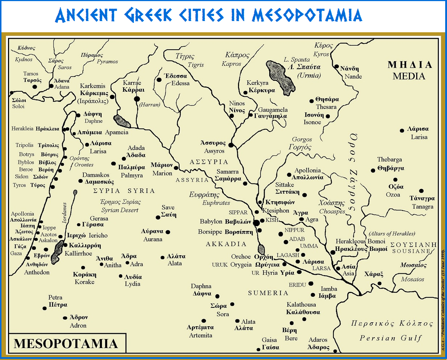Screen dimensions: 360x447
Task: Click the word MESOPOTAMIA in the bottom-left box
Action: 66,344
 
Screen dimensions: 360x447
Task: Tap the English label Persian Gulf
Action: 391,338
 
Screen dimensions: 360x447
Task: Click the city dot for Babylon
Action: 256,223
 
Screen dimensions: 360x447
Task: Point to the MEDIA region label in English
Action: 409,76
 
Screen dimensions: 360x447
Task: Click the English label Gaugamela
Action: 273,109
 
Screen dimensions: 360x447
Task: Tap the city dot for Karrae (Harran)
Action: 137,99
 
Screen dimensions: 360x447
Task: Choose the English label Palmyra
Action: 132,175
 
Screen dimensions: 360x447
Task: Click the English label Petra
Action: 56,298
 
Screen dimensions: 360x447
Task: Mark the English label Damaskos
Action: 96,175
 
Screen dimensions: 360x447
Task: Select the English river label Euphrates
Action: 216,203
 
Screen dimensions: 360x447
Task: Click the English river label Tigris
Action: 196,65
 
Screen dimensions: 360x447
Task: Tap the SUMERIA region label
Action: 268,293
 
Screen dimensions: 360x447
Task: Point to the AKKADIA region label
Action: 226,244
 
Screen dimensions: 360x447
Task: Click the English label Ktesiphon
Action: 276,211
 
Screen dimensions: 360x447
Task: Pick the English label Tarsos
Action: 31,74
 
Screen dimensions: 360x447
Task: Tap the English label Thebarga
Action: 390,160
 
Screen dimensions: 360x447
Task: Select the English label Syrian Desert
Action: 120,210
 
